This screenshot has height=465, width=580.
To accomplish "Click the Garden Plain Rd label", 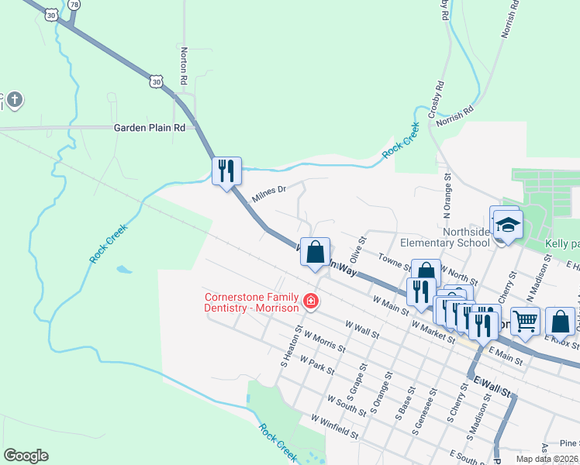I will click(150, 128).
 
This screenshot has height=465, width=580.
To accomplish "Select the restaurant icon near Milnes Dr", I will click(226, 170).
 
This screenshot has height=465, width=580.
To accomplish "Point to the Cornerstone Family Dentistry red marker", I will click(311, 301).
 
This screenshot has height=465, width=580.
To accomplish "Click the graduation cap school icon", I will click(508, 225).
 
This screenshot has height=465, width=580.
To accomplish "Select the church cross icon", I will click(15, 99).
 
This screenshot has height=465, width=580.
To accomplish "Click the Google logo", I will click(26, 456).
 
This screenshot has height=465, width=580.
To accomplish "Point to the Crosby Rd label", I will click(440, 95).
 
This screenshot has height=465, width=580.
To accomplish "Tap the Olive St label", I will click(357, 250).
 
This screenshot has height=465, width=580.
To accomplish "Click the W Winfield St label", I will click(334, 427).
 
